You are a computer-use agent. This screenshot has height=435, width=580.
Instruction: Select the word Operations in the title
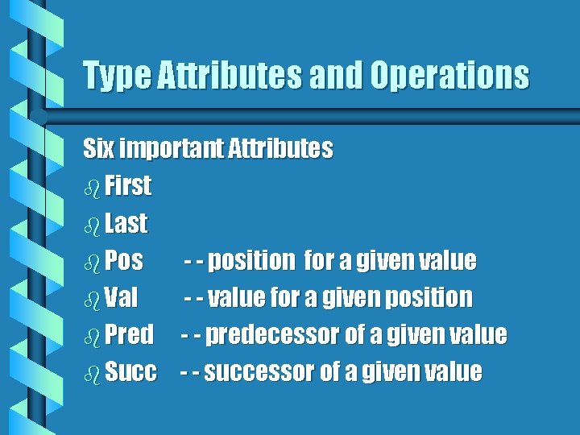449,77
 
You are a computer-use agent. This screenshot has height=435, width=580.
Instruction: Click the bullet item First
128,186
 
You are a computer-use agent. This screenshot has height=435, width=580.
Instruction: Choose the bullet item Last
126,223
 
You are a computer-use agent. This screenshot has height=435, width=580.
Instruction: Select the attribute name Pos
124,261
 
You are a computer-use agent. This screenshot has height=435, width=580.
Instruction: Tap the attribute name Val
122,298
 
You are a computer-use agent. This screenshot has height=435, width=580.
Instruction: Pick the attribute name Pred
129,335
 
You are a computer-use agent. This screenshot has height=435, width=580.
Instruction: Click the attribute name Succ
131,372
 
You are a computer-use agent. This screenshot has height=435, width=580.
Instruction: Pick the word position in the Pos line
252,261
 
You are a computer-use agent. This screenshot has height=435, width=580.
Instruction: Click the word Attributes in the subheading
280,149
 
